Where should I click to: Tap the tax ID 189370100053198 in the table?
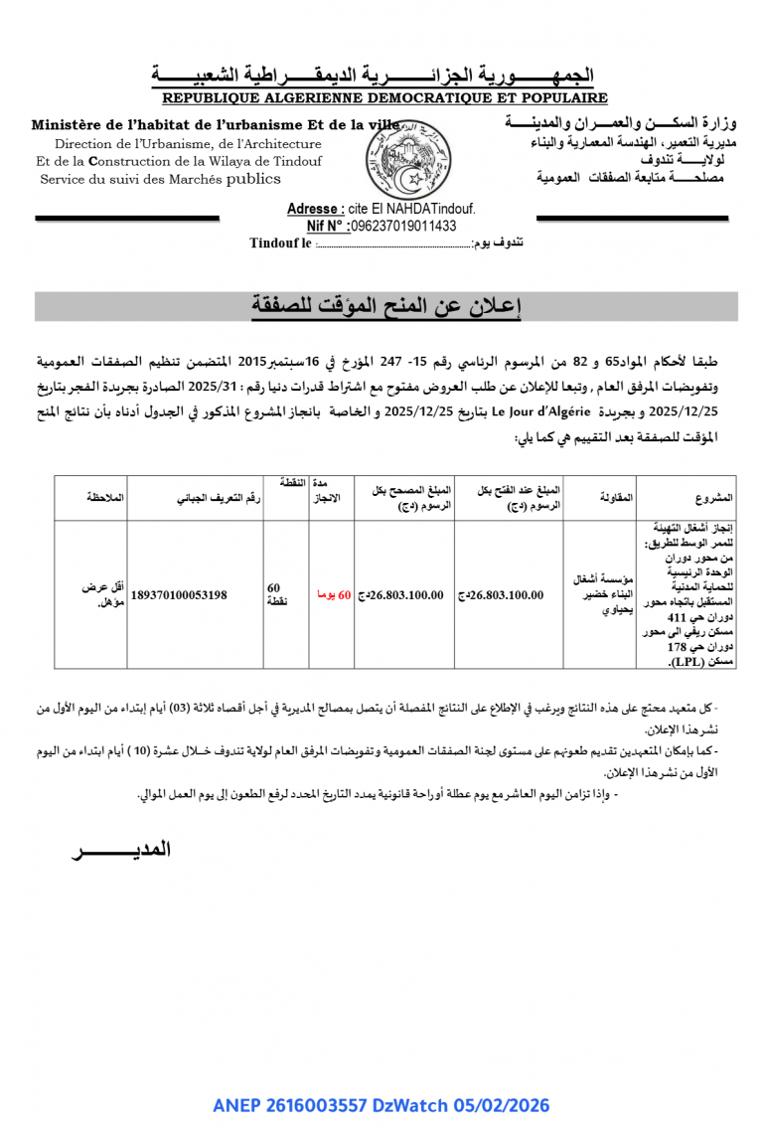click(x=179, y=595)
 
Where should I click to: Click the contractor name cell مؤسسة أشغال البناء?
click(x=599, y=594)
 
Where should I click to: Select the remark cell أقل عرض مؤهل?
click(x=103, y=594)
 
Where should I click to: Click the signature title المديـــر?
click(x=121, y=850)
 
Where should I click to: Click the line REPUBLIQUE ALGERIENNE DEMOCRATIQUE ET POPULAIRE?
click(x=384, y=98)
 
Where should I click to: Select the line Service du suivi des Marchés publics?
click(x=160, y=180)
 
